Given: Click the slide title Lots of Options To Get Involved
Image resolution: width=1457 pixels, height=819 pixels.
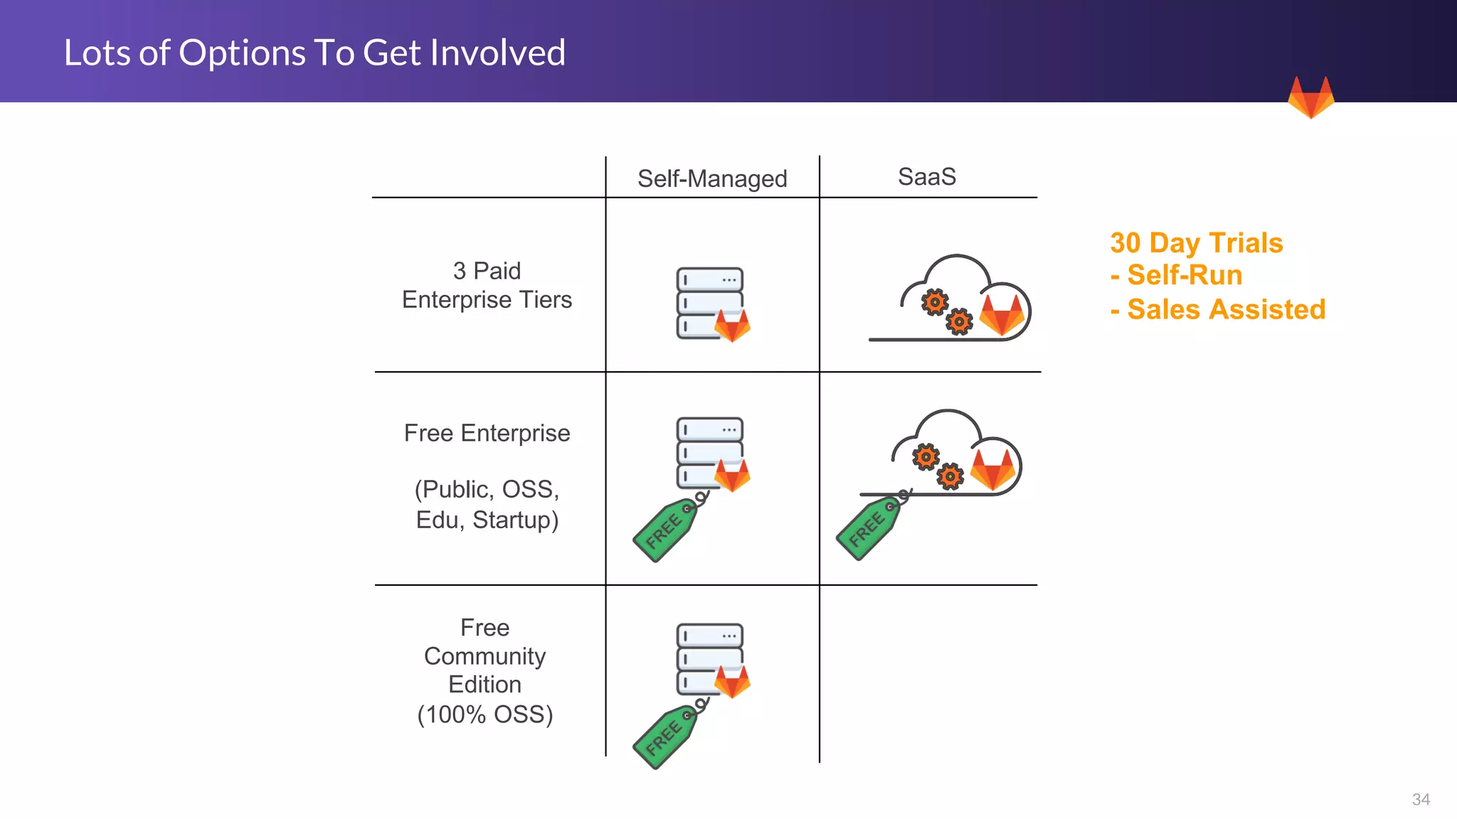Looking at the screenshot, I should pyautogui.click(x=314, y=53).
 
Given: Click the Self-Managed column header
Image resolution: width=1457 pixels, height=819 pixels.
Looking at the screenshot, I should pyautogui.click(x=712, y=178).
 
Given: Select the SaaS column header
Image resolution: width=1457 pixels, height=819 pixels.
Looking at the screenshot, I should pyautogui.click(x=926, y=176).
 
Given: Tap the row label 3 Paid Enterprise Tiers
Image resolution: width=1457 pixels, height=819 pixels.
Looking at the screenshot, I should pyautogui.click(x=487, y=285).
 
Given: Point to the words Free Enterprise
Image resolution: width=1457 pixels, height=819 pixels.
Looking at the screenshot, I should pyautogui.click(x=487, y=433).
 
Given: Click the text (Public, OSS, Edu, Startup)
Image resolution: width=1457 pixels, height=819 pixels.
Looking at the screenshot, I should pyautogui.click(x=487, y=504).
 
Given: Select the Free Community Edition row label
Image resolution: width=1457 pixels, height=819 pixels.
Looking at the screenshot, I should pyautogui.click(x=485, y=670).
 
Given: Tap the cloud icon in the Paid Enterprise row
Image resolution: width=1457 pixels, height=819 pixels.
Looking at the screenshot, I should pyautogui.click(x=950, y=299).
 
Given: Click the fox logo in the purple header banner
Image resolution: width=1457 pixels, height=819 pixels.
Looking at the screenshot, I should pyautogui.click(x=1310, y=98).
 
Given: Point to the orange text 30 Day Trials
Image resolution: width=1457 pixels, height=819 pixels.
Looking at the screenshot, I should pyautogui.click(x=1196, y=243).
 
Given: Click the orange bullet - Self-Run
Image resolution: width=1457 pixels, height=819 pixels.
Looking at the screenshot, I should pyautogui.click(x=1177, y=275).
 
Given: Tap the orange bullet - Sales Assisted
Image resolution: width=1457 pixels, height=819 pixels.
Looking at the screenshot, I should pyautogui.click(x=1218, y=309).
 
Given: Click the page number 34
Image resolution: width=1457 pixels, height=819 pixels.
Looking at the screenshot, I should pyautogui.click(x=1420, y=799).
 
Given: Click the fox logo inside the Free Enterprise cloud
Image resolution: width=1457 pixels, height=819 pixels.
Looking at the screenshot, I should pyautogui.click(x=993, y=469).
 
